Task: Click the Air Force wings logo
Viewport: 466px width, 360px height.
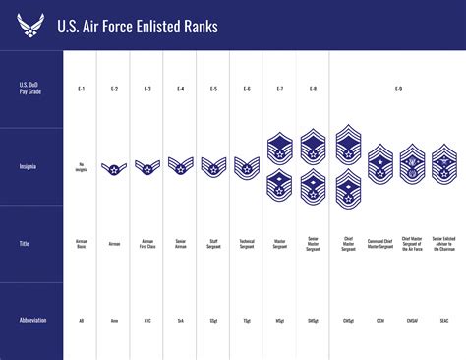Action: [30, 25]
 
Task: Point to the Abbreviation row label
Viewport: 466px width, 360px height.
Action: [30, 321]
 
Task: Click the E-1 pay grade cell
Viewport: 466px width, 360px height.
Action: [81, 90]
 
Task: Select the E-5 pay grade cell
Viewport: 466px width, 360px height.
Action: [213, 90]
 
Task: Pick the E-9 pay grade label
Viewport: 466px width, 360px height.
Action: [398, 90]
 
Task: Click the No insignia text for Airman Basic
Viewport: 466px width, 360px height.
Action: [81, 167]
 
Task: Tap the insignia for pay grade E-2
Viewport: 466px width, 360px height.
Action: [114, 168]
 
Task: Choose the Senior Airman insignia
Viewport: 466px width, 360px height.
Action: [180, 166]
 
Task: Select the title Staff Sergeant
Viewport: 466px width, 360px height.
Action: [213, 243]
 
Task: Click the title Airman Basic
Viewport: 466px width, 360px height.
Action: [81, 243]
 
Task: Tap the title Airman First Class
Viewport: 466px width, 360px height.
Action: [147, 243]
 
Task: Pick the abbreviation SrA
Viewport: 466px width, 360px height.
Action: [180, 321]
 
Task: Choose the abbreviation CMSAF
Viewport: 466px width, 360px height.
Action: [412, 321]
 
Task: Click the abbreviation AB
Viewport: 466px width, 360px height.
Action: [81, 321]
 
